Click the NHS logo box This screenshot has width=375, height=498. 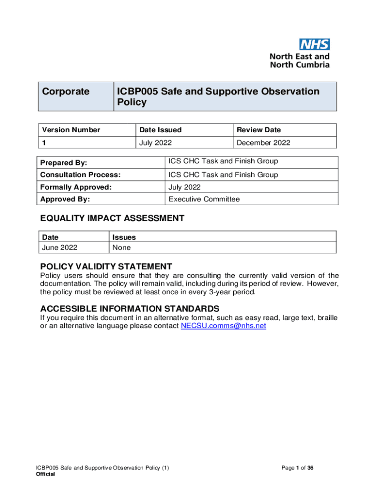315,45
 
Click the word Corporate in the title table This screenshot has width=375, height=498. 66,92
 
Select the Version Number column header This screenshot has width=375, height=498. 71,130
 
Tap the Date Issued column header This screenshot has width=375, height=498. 160,130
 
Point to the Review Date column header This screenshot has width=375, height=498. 259,130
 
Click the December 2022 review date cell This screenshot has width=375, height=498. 263,142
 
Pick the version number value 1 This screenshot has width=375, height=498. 44,142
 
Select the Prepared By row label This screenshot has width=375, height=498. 63,163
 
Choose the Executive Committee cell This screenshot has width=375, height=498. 204,199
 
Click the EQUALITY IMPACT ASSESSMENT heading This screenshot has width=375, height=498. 112,218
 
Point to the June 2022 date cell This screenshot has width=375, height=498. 59,248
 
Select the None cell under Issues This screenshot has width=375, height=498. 121,248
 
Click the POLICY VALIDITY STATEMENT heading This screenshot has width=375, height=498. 106,267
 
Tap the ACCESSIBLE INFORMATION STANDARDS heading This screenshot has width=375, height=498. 130,309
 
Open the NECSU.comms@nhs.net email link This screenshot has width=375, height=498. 223,326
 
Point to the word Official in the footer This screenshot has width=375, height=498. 45,475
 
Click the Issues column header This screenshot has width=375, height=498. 124,237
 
